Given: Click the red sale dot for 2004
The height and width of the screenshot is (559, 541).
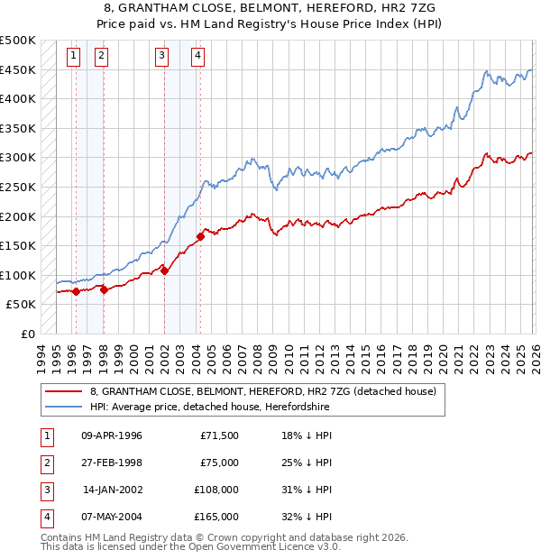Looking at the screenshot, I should [x=200, y=236].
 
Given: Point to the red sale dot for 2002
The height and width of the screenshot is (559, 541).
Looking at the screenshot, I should [x=165, y=270].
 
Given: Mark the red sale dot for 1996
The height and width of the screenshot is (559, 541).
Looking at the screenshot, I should [x=77, y=291].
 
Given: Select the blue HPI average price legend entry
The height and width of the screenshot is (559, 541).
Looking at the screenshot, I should [x=209, y=408].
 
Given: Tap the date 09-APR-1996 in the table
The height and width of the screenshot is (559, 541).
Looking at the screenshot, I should [x=112, y=435].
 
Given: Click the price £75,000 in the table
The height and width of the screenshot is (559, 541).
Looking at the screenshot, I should [x=219, y=463].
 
